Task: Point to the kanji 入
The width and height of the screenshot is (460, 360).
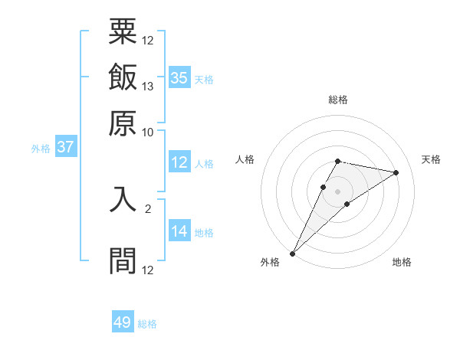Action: pos(123,203)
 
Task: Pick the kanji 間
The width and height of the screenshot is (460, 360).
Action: pos(123,260)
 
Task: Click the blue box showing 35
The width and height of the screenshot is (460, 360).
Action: pos(179,78)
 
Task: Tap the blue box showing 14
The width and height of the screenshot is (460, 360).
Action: pos(179,232)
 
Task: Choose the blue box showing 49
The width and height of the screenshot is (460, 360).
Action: pos(123,323)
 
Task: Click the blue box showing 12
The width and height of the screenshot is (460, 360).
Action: pos(179,162)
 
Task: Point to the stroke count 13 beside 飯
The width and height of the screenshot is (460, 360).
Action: pos(148,86)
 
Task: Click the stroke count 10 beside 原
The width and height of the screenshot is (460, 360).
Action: pos(148,132)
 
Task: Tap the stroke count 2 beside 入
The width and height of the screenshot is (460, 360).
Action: pos(148,208)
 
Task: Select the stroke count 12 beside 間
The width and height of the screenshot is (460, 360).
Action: pos(148,270)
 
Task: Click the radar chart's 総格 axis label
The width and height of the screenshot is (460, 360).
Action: pos(337,100)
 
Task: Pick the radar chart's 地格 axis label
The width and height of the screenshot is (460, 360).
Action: pos(402,263)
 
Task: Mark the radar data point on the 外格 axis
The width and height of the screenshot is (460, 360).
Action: pos(292,253)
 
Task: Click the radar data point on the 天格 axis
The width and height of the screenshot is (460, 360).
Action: pos(396,172)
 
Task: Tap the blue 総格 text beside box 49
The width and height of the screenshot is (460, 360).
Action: pos(147,324)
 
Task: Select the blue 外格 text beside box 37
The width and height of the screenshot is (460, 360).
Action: pos(40,149)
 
